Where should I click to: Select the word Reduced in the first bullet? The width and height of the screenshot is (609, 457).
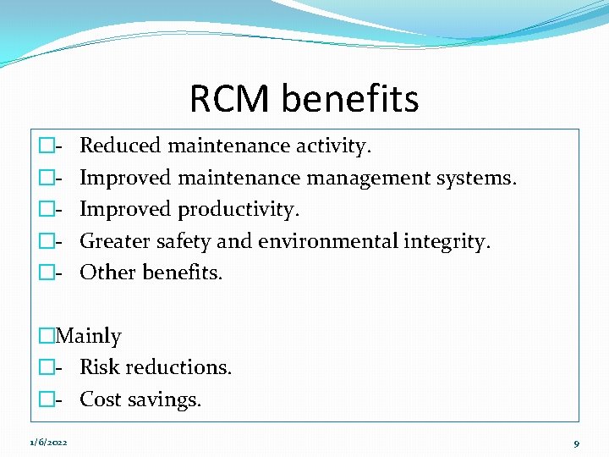(120, 146)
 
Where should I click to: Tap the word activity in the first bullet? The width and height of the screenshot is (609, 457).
(333, 146)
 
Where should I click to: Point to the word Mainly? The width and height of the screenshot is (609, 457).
(88, 336)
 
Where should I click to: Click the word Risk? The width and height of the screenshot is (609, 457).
(99, 367)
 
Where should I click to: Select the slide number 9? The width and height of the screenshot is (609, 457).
(576, 443)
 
